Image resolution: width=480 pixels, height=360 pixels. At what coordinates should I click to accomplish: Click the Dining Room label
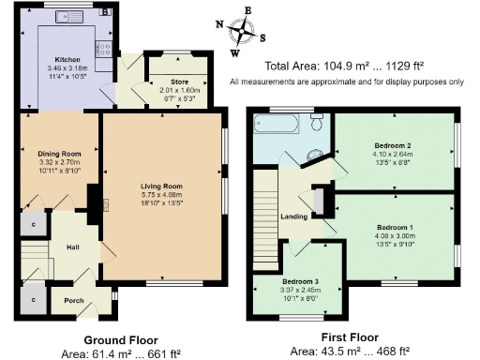(60, 154)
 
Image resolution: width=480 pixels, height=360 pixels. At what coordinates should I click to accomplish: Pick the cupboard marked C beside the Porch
(33, 299)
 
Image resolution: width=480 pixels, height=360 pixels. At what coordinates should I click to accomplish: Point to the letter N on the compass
(219, 24)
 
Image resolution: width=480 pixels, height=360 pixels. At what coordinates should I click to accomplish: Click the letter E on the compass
(247, 10)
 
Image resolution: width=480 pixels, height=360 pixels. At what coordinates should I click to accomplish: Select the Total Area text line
(344, 66)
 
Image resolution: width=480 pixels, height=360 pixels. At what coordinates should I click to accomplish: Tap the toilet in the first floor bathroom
(318, 122)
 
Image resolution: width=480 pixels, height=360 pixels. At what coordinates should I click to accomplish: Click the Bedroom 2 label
(394, 146)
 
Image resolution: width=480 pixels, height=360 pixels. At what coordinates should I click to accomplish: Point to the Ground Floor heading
(121, 339)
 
